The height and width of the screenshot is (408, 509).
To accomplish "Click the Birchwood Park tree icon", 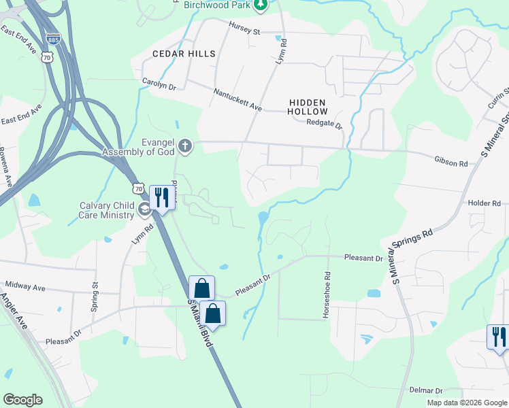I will [260, 5].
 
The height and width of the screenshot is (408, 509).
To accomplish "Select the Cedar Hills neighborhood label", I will [184, 53].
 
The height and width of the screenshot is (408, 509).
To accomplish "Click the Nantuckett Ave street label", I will [237, 99].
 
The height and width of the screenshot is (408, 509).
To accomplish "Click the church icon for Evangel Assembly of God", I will [185, 146].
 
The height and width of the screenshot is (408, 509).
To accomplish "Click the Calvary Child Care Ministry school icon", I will [144, 209].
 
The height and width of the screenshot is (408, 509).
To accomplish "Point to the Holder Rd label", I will [485, 203].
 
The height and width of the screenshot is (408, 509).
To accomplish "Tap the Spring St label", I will [95, 297].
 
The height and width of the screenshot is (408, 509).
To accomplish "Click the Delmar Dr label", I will [427, 390].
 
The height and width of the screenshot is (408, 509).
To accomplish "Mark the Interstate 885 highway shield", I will [54, 39].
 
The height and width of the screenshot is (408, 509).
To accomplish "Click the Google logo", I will [22, 399].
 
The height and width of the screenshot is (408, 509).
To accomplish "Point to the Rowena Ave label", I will [7, 167].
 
